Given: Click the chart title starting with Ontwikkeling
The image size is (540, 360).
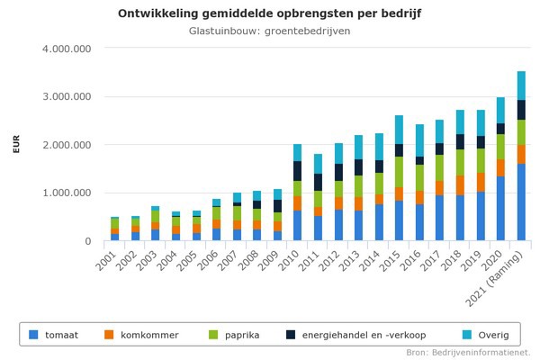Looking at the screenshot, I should point(269,13).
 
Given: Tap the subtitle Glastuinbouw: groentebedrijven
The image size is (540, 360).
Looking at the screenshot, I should point(269,31).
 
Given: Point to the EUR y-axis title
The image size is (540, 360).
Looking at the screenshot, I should point(16,144).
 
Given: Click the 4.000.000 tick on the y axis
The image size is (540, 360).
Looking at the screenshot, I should point(67,48).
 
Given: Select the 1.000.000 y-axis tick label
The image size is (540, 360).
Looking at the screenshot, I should point(67,193).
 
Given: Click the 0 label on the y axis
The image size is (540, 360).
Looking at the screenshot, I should point(87,241).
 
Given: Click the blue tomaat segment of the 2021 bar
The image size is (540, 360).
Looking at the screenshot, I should point(521,202).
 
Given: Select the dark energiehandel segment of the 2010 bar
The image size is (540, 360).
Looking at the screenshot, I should point(297,171).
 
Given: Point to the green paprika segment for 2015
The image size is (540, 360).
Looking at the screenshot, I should point(399,172).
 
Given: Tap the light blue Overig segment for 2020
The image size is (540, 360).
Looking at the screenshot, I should point(500,110).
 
